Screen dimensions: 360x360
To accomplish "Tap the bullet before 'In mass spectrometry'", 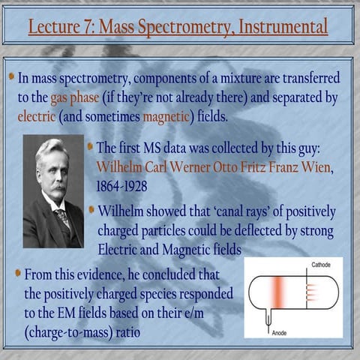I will coord(11,76).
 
